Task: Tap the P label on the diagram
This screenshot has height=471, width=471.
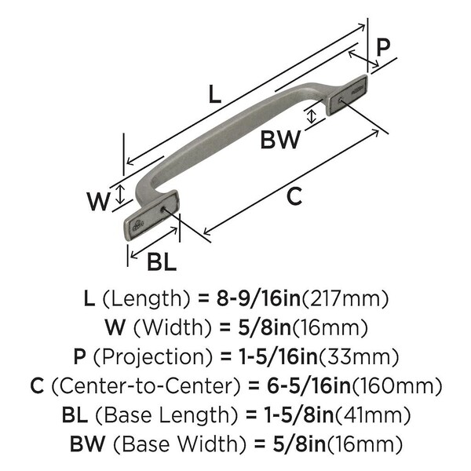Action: click(x=382, y=46)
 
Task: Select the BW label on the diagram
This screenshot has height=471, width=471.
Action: click(x=280, y=141)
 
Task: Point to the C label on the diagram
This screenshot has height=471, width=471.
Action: click(x=294, y=197)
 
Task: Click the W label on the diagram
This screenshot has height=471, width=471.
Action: click(x=97, y=202)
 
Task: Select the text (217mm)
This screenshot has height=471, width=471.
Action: click(x=345, y=298)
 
